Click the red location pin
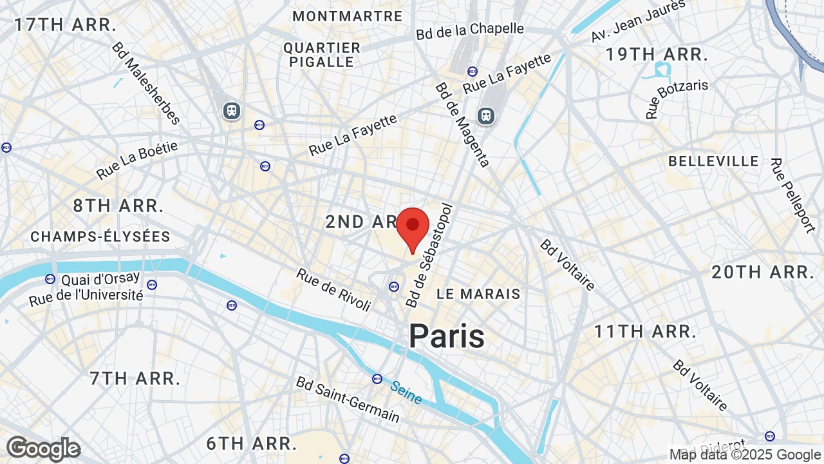click(x=413, y=227)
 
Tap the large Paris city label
click(x=447, y=336)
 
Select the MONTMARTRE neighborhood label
click(x=348, y=16)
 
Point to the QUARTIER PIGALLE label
click(x=322, y=55)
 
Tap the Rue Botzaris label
click(x=677, y=98)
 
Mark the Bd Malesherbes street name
click(x=145, y=83)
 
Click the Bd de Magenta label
click(x=462, y=124)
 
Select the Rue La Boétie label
click(x=136, y=160)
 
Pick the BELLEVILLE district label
click(x=713, y=161)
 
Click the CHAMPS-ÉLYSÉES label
click(x=100, y=237)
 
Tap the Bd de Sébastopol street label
click(x=430, y=256)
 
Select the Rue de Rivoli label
click(x=333, y=290)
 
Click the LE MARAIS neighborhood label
click(x=478, y=294)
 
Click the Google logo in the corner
click(x=43, y=449)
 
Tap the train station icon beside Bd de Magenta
click(x=486, y=115)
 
